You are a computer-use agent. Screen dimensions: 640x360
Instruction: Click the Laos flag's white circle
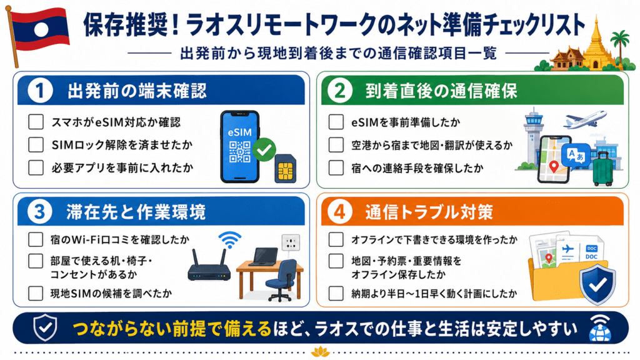click(41, 30)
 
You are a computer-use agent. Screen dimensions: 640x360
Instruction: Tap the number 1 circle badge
click(39, 91)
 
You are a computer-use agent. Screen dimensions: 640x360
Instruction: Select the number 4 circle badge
click(339, 212)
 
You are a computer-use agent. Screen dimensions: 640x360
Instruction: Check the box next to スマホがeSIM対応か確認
click(36, 122)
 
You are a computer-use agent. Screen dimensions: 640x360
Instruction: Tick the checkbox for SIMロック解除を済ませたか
click(36, 144)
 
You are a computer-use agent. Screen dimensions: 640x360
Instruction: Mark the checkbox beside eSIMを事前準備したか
click(336, 122)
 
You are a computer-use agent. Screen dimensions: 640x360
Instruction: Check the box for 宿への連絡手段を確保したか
click(336, 167)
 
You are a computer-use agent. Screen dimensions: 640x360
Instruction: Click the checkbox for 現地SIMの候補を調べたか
click(36, 293)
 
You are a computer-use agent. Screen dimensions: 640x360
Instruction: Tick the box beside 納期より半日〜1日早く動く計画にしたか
click(336, 293)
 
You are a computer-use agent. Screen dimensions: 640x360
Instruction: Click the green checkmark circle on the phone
click(264, 150)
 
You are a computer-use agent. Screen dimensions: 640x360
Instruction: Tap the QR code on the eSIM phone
click(239, 151)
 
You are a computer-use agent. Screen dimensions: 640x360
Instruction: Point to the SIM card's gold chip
click(285, 171)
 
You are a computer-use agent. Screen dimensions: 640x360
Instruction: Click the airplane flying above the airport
click(585, 119)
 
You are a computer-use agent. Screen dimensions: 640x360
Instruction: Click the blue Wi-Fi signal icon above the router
click(230, 239)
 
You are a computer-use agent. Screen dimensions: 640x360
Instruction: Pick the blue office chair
click(281, 279)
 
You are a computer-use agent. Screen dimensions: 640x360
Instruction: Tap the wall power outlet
click(291, 242)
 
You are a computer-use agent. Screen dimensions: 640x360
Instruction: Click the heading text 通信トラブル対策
click(429, 212)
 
